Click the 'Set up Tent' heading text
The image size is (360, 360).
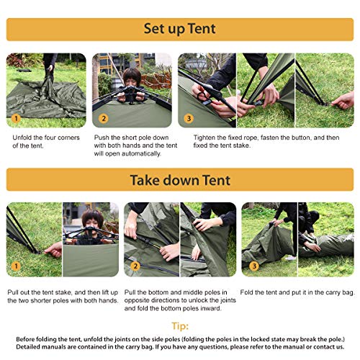(179, 30)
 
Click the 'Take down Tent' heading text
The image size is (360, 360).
(179, 180)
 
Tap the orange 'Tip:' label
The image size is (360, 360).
(179, 325)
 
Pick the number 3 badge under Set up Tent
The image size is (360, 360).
(188, 118)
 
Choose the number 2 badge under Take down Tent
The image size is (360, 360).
(134, 267)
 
